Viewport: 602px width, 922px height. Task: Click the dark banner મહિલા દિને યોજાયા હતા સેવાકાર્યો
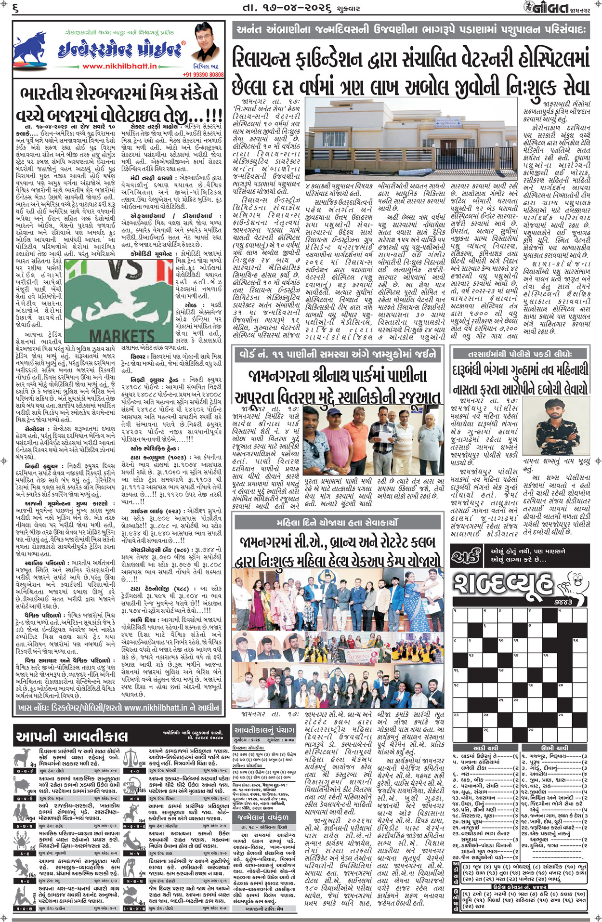pos(337,523)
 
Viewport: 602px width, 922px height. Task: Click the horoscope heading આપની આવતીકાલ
pos(72,736)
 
